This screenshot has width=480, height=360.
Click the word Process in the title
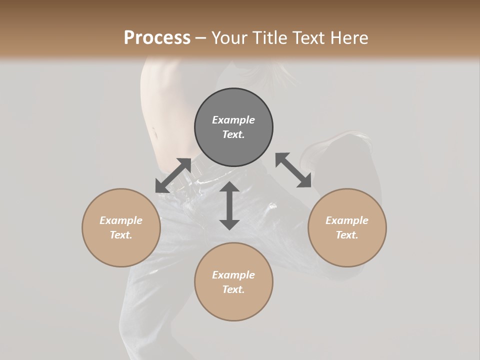[x=157, y=37]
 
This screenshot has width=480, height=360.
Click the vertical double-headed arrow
[x=229, y=205]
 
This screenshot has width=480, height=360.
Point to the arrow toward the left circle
[x=173, y=175]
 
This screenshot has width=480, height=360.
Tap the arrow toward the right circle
[x=293, y=170]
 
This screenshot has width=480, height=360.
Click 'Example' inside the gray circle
[x=233, y=120]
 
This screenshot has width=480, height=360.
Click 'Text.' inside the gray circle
[x=233, y=134]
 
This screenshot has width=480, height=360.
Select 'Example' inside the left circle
[x=121, y=220]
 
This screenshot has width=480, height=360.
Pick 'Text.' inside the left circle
[x=121, y=235]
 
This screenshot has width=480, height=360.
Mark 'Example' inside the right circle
[x=347, y=220]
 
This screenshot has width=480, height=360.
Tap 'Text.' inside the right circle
[x=347, y=235]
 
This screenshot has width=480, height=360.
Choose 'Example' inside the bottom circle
[x=233, y=275]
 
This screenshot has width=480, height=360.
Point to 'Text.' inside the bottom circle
[x=233, y=289]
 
